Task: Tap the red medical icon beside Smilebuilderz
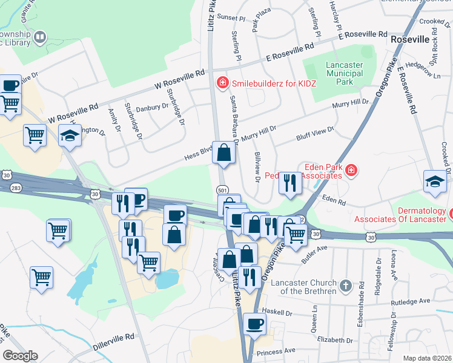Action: coord(222,82)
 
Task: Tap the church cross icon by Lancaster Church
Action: coord(345,285)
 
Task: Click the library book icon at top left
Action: coord(40,38)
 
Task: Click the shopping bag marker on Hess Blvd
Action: coord(224,153)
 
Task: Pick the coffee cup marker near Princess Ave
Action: coord(254,324)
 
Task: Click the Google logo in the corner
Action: coord(20,356)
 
